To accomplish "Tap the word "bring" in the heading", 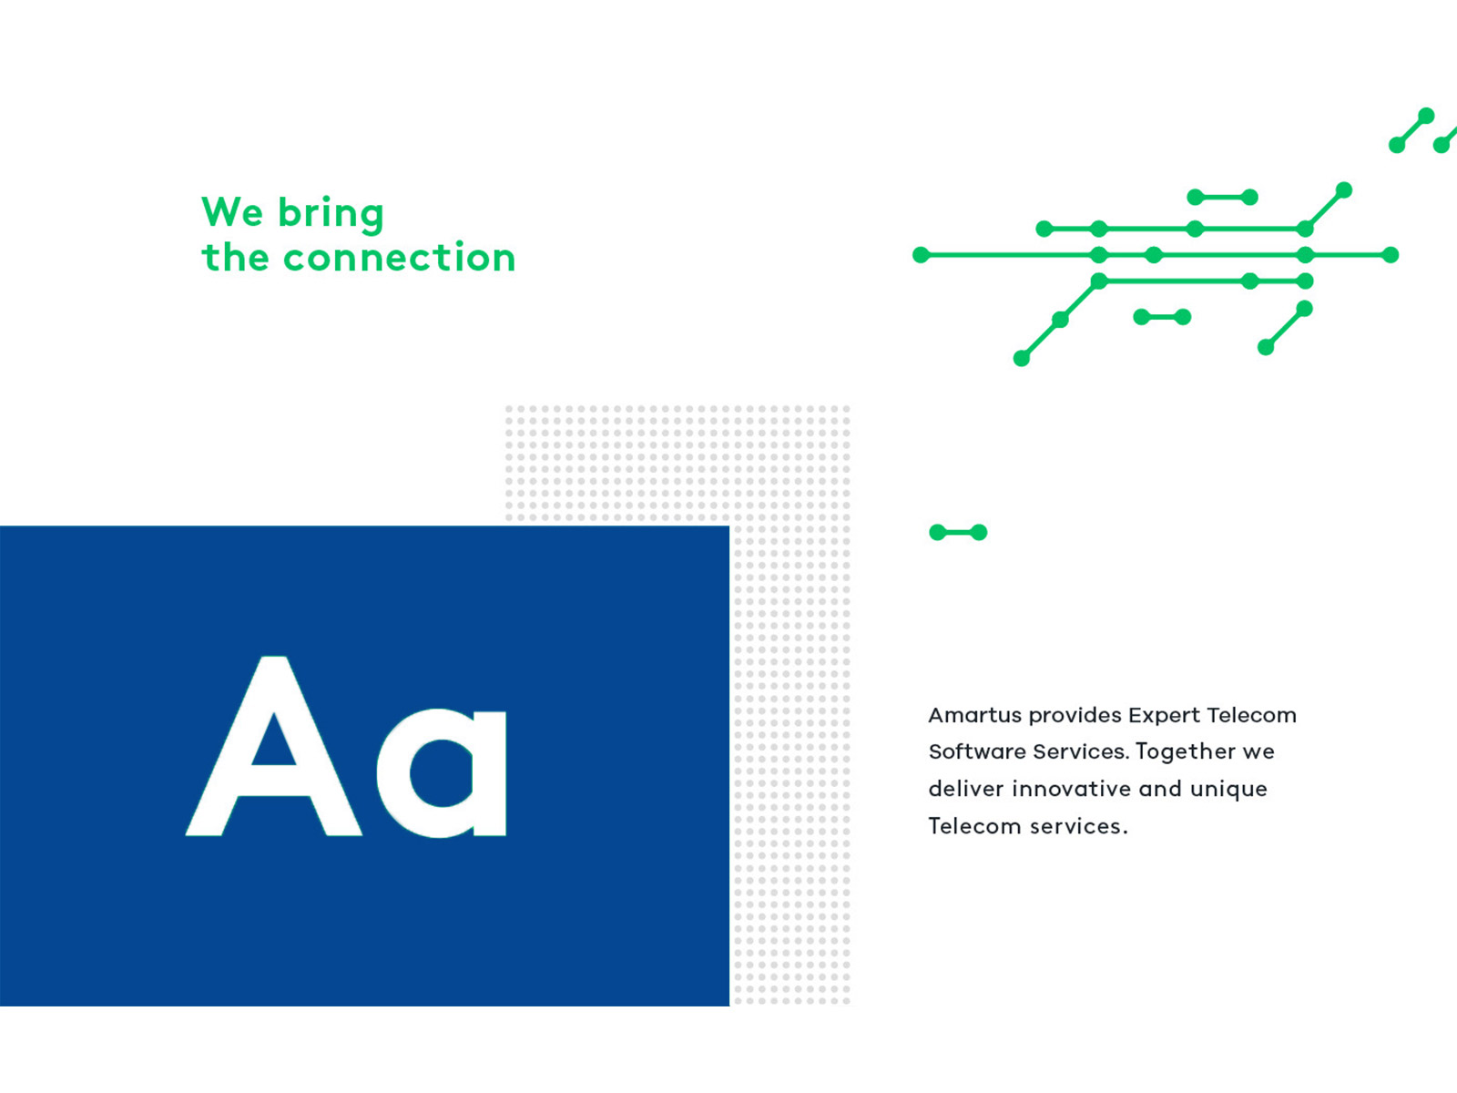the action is click(331, 214).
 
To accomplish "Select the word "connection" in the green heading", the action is click(399, 258).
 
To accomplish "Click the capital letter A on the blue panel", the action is click(273, 745).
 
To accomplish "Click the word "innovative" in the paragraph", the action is click(1071, 789).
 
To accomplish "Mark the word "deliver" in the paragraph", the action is click(966, 789).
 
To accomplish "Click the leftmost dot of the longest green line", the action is click(922, 255).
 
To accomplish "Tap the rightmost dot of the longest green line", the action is click(1391, 255).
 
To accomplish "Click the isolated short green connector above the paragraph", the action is click(958, 532).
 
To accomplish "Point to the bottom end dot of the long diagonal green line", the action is click(1022, 359).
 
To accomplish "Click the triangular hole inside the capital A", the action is click(273, 742).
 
